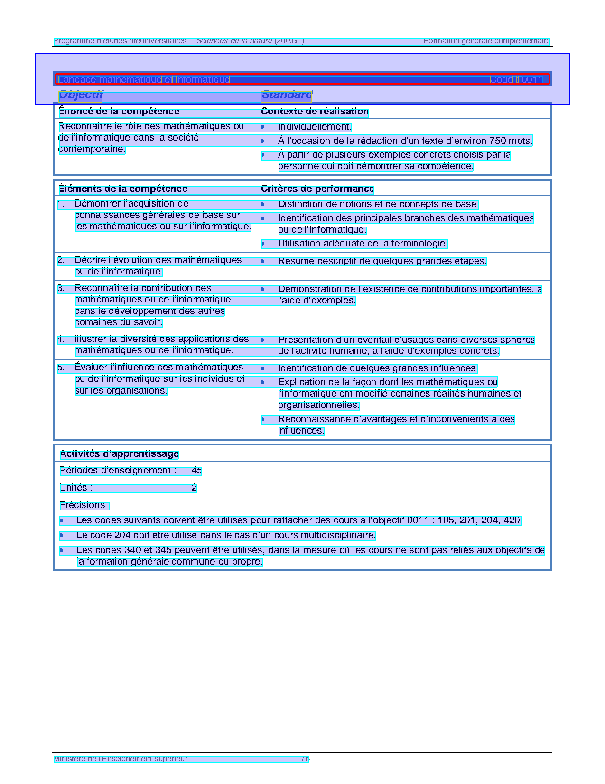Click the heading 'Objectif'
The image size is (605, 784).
pyautogui.click(x=80, y=95)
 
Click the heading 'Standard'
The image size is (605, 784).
pyautogui.click(x=286, y=95)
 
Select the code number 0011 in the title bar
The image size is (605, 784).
pyautogui.click(x=530, y=80)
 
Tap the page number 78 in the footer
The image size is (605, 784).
pyautogui.click(x=305, y=759)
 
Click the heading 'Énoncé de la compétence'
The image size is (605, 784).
pyautogui.click(x=119, y=112)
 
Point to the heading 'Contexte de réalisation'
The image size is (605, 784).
pyautogui.click(x=315, y=112)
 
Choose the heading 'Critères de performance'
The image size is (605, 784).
pyautogui.click(x=317, y=189)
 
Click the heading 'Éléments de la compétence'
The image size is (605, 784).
pyautogui.click(x=123, y=189)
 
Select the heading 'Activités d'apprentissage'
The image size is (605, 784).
pyautogui.click(x=119, y=454)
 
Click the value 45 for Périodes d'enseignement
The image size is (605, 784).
pyautogui.click(x=197, y=471)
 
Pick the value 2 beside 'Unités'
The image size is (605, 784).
pyautogui.click(x=194, y=488)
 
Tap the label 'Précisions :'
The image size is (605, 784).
pyautogui.click(x=85, y=505)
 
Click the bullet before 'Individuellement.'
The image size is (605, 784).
pyautogui.click(x=262, y=127)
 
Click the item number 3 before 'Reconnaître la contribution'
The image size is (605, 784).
pyautogui.click(x=61, y=289)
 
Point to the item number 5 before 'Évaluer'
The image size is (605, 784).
pyautogui.click(x=61, y=368)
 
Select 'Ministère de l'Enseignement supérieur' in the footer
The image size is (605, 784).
pyautogui.click(x=121, y=759)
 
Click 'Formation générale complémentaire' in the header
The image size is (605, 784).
pyautogui.click(x=486, y=41)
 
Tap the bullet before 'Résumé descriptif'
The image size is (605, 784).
pyautogui.click(x=262, y=261)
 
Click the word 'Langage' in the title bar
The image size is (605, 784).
pyautogui.click(x=77, y=80)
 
